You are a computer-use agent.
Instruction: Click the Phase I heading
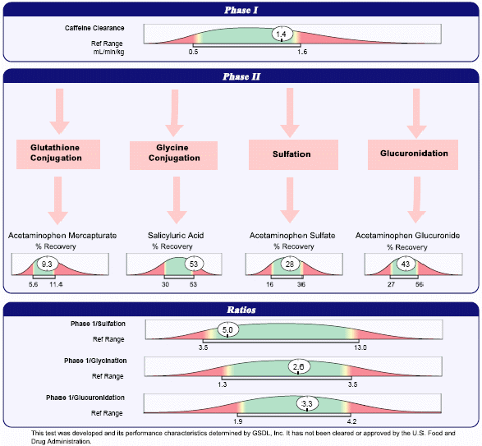click(x=241, y=10)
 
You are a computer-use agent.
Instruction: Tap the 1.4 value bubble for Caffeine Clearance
click(x=282, y=34)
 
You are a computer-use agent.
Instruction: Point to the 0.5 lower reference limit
click(x=193, y=52)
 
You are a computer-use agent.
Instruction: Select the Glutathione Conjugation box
click(x=58, y=154)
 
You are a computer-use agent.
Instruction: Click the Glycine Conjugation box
click(x=173, y=155)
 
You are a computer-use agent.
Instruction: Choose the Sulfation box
click(x=293, y=154)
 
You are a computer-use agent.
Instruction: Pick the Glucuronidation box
click(x=413, y=154)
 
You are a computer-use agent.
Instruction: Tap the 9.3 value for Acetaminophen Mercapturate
click(x=47, y=264)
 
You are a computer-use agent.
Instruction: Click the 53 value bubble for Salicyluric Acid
click(x=194, y=264)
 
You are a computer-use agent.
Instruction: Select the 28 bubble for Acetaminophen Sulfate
click(x=290, y=264)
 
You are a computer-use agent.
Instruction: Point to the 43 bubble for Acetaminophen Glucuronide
click(x=405, y=264)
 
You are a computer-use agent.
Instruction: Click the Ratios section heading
click(x=241, y=310)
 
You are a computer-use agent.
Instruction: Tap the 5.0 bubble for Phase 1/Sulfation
click(x=227, y=329)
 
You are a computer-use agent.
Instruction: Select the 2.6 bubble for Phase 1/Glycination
click(x=299, y=366)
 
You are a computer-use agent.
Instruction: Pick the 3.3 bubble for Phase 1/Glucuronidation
click(x=307, y=403)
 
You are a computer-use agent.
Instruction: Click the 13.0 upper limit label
click(x=360, y=347)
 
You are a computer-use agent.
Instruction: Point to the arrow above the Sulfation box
click(x=290, y=113)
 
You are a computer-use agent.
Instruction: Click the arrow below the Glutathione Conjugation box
click(x=57, y=200)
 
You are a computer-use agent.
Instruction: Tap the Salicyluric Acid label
click(x=176, y=236)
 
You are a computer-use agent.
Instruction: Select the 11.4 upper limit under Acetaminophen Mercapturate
click(x=56, y=284)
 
